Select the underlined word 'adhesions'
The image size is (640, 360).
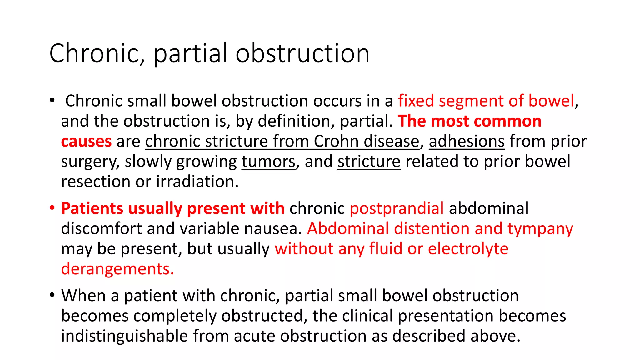(x=467, y=142)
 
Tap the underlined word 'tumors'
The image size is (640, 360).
(x=268, y=162)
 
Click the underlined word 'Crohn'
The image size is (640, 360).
(x=336, y=142)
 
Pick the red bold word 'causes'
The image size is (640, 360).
(x=86, y=142)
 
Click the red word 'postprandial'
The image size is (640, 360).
(x=397, y=208)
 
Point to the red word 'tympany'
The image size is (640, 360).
(x=540, y=229)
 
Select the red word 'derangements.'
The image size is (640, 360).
(x=117, y=269)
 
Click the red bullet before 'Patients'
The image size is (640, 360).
(x=52, y=208)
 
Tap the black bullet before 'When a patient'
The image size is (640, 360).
(x=52, y=295)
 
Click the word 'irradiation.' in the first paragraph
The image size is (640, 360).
(x=197, y=182)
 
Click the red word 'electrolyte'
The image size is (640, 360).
(x=468, y=249)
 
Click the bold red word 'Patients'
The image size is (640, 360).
(x=92, y=208)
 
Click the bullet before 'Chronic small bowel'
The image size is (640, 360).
(x=52, y=101)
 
